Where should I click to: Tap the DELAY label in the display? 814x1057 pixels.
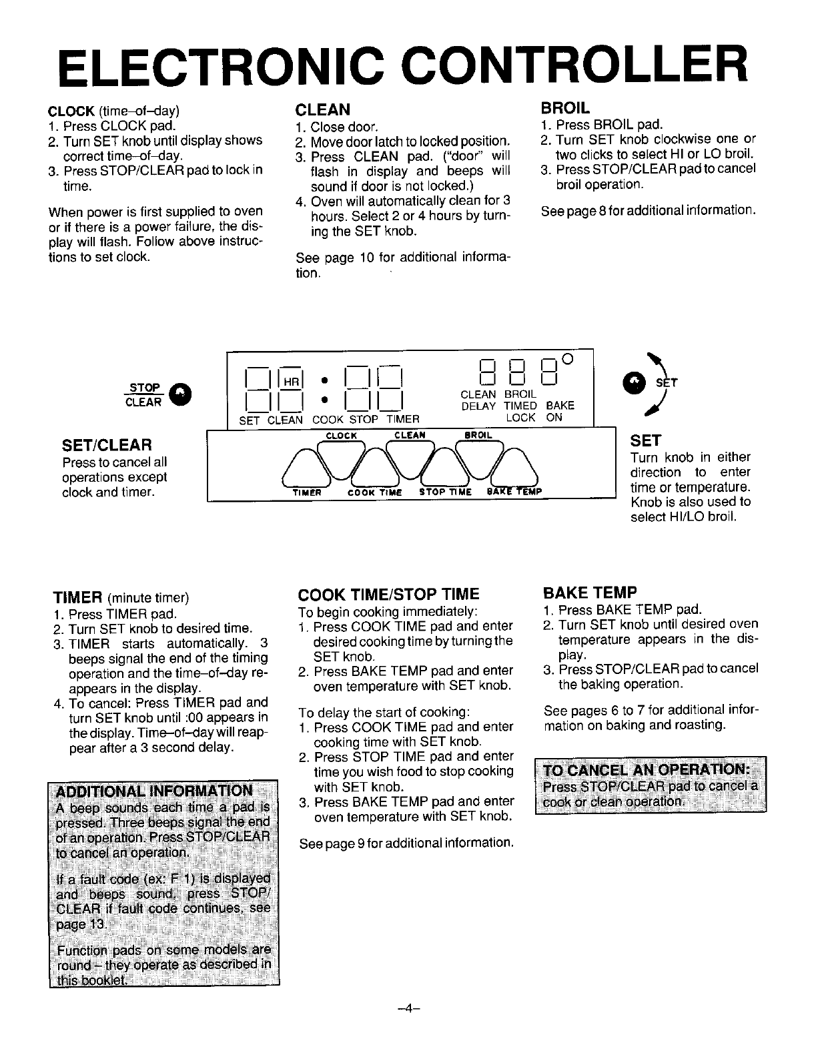478,406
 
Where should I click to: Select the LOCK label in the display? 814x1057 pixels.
520,418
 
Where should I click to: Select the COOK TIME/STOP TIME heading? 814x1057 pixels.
388,594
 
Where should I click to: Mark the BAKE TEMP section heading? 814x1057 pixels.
590,592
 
